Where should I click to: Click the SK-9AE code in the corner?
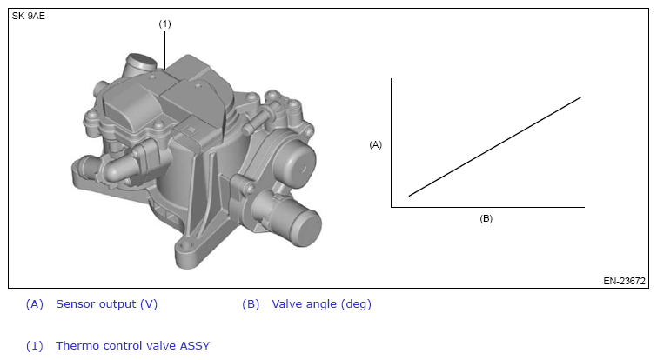(28, 16)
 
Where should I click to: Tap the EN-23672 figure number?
(624, 281)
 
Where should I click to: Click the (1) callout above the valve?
(164, 23)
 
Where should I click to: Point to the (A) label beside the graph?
(375, 144)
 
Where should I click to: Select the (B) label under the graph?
(486, 218)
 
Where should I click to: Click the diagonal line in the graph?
(495, 146)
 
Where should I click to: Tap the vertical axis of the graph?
(392, 143)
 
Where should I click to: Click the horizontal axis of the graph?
(487, 207)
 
